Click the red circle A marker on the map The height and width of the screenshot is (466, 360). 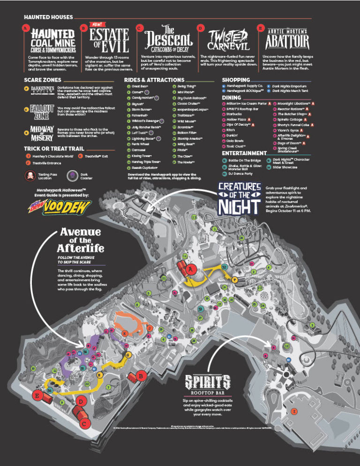pyautogui.click(x=189, y=271)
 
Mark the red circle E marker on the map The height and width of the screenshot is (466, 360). pyautogui.click(x=37, y=396)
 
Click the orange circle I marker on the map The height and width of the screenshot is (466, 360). pyautogui.click(x=294, y=411)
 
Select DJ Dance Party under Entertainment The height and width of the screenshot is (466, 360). pyautogui.click(x=241, y=173)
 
